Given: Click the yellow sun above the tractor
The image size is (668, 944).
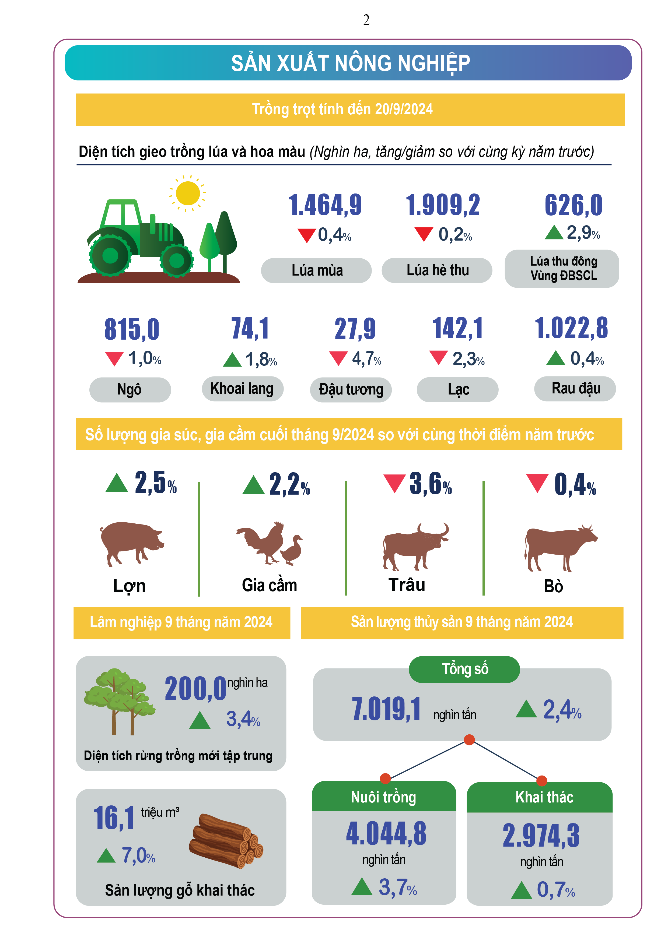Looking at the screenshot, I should pos(188,193).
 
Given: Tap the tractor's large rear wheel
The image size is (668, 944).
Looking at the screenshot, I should pos(110,255).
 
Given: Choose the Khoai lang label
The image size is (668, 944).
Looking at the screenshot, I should pos(242,389).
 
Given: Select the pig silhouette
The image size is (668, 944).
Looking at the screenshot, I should pos(131,542).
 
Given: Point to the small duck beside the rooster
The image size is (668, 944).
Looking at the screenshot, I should pos(292,550).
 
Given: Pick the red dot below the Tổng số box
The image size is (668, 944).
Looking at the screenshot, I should pos(469,740).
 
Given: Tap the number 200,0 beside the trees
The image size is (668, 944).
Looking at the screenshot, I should pos(195,689).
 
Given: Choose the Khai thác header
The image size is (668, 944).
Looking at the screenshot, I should pos(544,797).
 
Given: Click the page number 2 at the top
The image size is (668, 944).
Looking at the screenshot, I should pos(366,20).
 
